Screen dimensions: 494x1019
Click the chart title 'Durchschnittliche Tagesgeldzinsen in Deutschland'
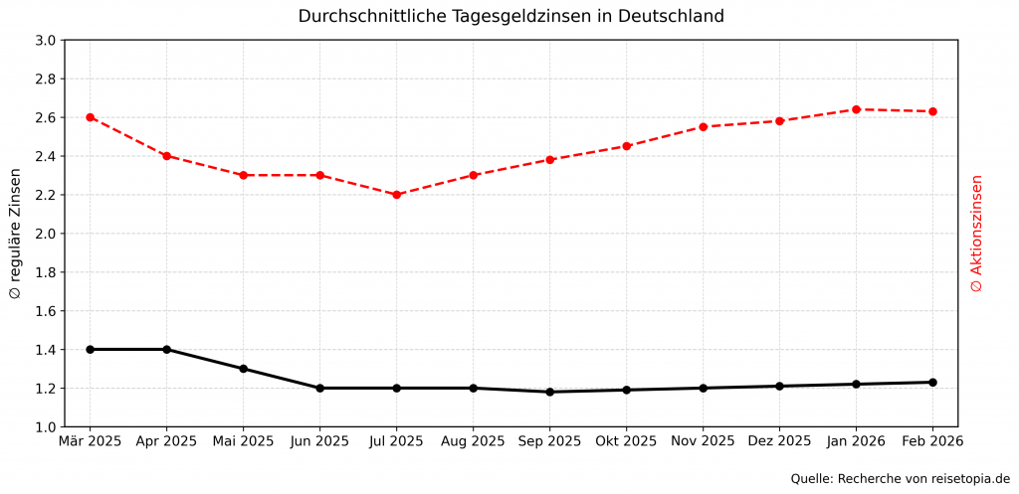coord(510,16)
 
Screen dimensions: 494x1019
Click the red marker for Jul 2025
coord(396,195)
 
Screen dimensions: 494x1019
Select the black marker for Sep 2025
coord(549,392)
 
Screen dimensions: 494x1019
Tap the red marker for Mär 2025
coord(91,117)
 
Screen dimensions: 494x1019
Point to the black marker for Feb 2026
coord(932,382)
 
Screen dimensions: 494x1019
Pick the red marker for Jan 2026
coord(856,109)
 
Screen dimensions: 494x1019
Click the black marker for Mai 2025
coord(243,369)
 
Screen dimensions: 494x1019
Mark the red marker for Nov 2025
coord(703,127)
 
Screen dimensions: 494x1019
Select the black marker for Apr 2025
coord(166,350)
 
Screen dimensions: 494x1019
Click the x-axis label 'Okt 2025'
coord(626,440)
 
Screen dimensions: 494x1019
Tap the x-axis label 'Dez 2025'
coord(779,440)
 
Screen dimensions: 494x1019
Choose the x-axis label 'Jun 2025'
coord(319,440)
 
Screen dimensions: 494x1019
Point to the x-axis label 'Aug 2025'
coord(473,440)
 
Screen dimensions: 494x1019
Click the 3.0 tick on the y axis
coord(46,41)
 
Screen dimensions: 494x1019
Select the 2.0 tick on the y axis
coord(46,234)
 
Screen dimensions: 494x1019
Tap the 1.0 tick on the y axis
coord(46,427)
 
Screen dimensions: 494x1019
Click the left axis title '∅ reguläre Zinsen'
coord(15,234)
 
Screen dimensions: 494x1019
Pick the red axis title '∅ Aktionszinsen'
coord(976,234)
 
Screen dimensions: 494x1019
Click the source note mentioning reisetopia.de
coord(900,478)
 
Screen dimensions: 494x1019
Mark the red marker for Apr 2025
coord(166,156)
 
